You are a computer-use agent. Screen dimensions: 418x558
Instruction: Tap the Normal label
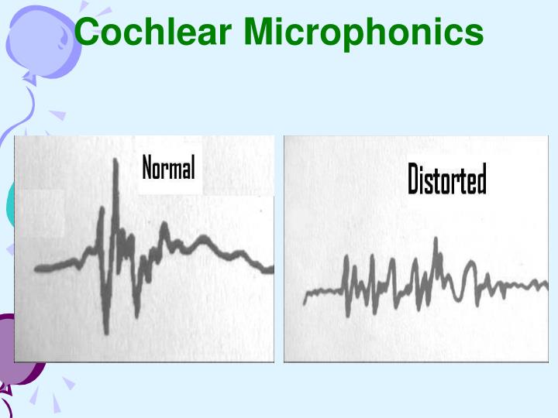(x=168, y=168)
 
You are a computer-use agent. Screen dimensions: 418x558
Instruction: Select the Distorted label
(x=447, y=180)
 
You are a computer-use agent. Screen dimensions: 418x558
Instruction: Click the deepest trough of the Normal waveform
(x=107, y=332)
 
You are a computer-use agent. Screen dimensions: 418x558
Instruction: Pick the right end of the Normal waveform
(x=272, y=269)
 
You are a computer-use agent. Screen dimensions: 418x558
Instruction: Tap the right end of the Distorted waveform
(x=547, y=285)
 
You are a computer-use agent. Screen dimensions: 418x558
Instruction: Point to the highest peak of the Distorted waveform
(x=436, y=239)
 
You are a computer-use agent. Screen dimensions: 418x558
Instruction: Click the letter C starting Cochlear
(x=91, y=33)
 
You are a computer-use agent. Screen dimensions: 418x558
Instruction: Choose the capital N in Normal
(x=147, y=168)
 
